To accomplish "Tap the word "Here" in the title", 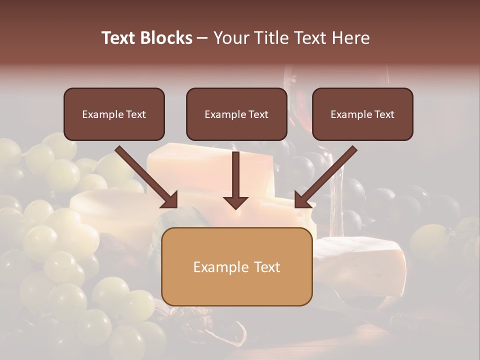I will click(x=352, y=38).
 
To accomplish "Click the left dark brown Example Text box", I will click(x=114, y=114).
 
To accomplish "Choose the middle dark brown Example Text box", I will click(x=236, y=114).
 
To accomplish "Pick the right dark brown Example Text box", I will click(x=362, y=114).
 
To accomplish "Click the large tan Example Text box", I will click(x=236, y=266).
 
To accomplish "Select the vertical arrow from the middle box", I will click(x=236, y=177).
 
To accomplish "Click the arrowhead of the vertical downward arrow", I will click(x=236, y=202).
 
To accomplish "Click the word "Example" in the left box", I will click(x=99, y=114).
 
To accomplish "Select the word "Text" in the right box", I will click(x=384, y=114).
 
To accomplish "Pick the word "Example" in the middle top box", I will click(x=222, y=114).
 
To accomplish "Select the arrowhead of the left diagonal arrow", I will click(x=170, y=200).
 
